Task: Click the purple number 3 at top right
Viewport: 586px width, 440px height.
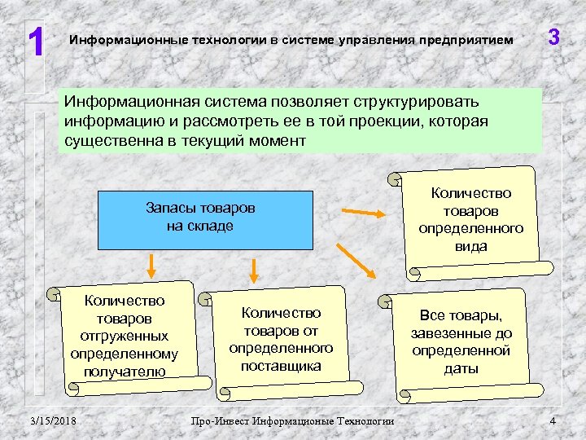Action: [x=553, y=37]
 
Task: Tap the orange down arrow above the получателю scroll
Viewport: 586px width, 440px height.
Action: [x=151, y=264]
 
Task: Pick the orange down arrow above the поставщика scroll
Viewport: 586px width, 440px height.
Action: [x=254, y=271]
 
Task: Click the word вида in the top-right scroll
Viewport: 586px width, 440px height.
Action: [x=471, y=246]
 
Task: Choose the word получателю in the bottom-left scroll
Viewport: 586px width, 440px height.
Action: [x=124, y=371]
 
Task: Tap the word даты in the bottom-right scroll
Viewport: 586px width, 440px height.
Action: [x=461, y=368]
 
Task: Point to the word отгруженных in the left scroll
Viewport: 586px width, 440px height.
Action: [x=124, y=336]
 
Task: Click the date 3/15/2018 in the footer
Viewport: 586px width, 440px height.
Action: [x=53, y=420]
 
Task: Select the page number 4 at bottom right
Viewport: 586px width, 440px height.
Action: [x=553, y=420]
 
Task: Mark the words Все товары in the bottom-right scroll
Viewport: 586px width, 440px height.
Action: [x=461, y=315]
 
